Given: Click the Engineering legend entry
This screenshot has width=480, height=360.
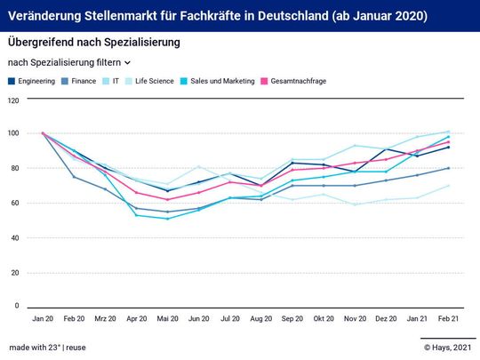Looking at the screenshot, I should pyautogui.click(x=36, y=81).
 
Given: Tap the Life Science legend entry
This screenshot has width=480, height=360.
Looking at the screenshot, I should pyautogui.click(x=155, y=81).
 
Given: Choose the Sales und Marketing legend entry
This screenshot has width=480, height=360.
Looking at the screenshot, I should pyautogui.click(x=222, y=81).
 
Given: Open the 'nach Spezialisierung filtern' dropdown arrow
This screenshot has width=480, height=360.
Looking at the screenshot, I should pyautogui.click(x=128, y=63).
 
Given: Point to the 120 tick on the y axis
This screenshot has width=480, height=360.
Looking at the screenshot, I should pyautogui.click(x=13, y=100).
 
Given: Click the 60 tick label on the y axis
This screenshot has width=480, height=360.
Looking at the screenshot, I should pyautogui.click(x=13, y=204).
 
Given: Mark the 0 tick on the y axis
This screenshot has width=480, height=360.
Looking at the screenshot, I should pyautogui.click(x=15, y=306).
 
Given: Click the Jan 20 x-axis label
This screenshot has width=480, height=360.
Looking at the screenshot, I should pyautogui.click(x=43, y=317).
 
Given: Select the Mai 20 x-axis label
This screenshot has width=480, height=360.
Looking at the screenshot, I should pyautogui.click(x=167, y=317).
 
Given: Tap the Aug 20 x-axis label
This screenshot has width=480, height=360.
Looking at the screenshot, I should pyautogui.click(x=260, y=317).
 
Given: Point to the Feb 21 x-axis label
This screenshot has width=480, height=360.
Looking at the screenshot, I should pyautogui.click(x=448, y=317).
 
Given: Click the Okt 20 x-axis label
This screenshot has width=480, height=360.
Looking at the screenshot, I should pyautogui.click(x=324, y=317).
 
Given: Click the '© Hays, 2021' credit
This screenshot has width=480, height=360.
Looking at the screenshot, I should pyautogui.click(x=447, y=347).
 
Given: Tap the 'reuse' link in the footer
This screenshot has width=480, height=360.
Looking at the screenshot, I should pyautogui.click(x=75, y=347).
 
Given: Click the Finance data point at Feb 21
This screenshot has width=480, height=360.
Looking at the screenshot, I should pyautogui.click(x=448, y=168).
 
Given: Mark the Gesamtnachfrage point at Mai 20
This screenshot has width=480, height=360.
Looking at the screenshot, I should pyautogui.click(x=167, y=199).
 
